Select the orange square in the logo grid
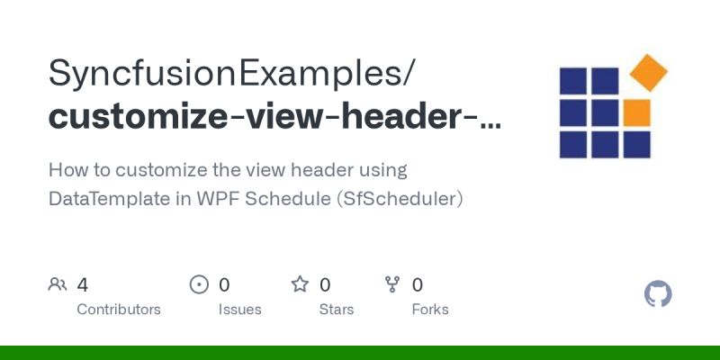pyautogui.click(x=636, y=112)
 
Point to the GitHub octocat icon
pyautogui.click(x=659, y=294)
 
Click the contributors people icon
pyautogui.click(x=58, y=285)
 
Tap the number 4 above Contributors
pyautogui.click(x=83, y=285)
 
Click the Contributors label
pyautogui.click(x=119, y=310)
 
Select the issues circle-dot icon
pyautogui.click(x=199, y=285)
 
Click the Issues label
pyautogui.click(x=239, y=310)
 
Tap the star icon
pyautogui.click(x=300, y=285)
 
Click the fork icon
pyautogui.click(x=392, y=285)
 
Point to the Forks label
pyautogui.click(x=430, y=310)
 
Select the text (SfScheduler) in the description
pyautogui.click(x=399, y=198)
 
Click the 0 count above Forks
pyautogui.click(x=418, y=285)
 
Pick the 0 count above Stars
pyautogui.click(x=325, y=285)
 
